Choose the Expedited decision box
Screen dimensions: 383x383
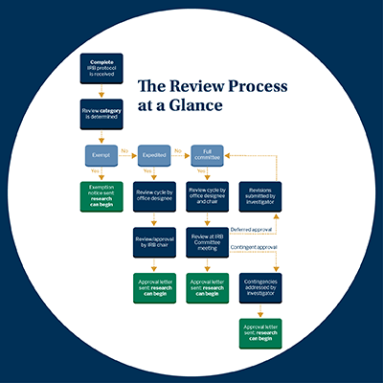click(154, 152)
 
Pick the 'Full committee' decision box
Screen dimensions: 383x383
click(208, 152)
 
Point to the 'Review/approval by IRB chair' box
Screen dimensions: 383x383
click(154, 240)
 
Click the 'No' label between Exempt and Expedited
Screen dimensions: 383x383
click(127, 147)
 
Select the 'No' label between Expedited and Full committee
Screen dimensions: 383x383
click(181, 147)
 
